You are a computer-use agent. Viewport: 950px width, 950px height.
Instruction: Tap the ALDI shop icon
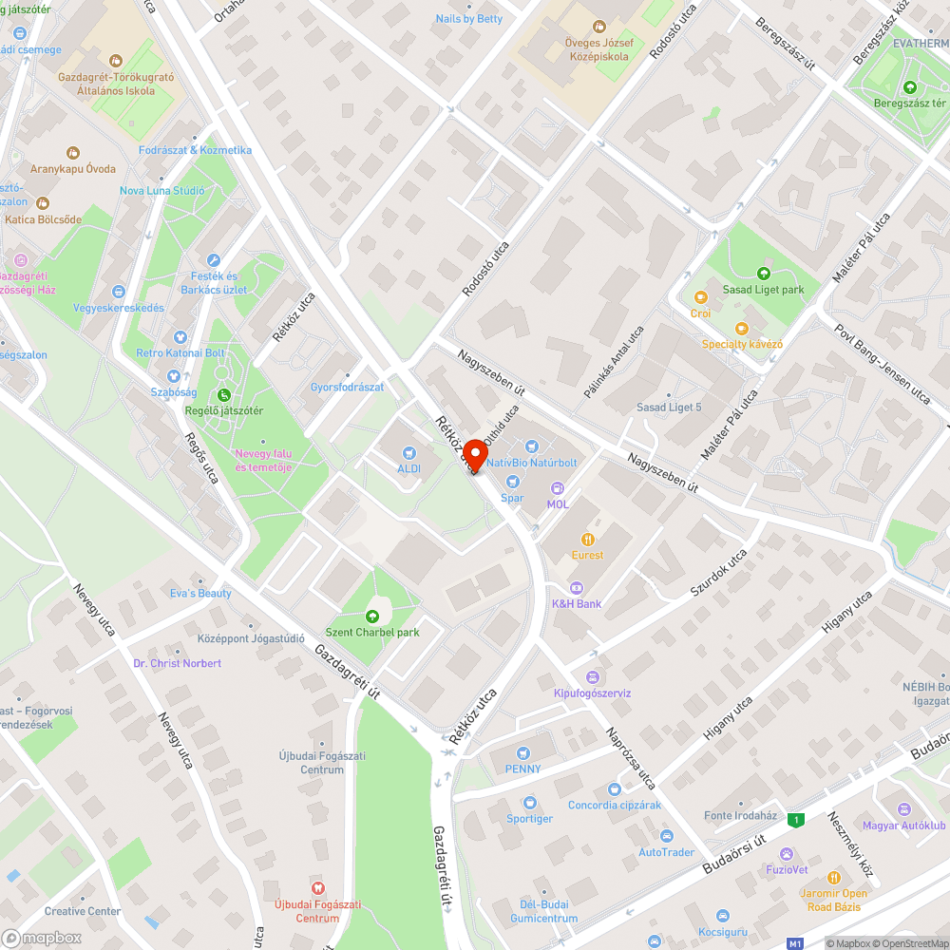click(409, 453)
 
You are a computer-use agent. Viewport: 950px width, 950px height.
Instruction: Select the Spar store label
click(513, 497)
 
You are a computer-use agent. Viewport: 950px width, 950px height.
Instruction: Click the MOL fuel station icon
click(558, 488)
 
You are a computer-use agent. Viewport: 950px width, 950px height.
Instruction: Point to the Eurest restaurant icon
click(587, 539)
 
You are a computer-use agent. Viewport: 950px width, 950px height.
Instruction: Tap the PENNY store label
click(523, 769)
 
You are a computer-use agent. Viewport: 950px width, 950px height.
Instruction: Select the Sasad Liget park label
click(763, 290)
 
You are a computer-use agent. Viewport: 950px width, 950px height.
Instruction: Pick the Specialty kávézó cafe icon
click(742, 328)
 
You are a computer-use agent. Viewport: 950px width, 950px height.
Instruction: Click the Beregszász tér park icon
click(910, 87)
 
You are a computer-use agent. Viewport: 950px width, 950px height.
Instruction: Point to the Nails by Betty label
click(469, 19)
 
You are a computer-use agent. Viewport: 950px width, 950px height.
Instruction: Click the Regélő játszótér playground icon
click(223, 394)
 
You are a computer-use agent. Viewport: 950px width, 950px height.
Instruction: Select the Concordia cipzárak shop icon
click(614, 788)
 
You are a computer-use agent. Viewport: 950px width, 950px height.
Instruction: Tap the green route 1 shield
click(795, 819)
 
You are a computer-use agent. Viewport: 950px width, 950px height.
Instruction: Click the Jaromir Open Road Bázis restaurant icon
click(834, 878)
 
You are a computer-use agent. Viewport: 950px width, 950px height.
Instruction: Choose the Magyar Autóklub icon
click(903, 809)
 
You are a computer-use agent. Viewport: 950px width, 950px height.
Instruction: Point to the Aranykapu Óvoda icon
click(73, 152)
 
